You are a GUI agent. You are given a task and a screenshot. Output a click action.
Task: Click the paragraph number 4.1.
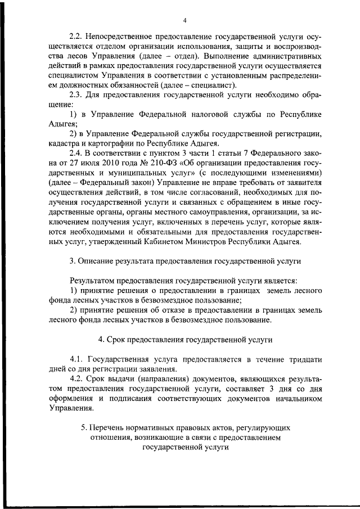(78, 359)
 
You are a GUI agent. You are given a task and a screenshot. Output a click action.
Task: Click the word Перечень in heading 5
(112, 427)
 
